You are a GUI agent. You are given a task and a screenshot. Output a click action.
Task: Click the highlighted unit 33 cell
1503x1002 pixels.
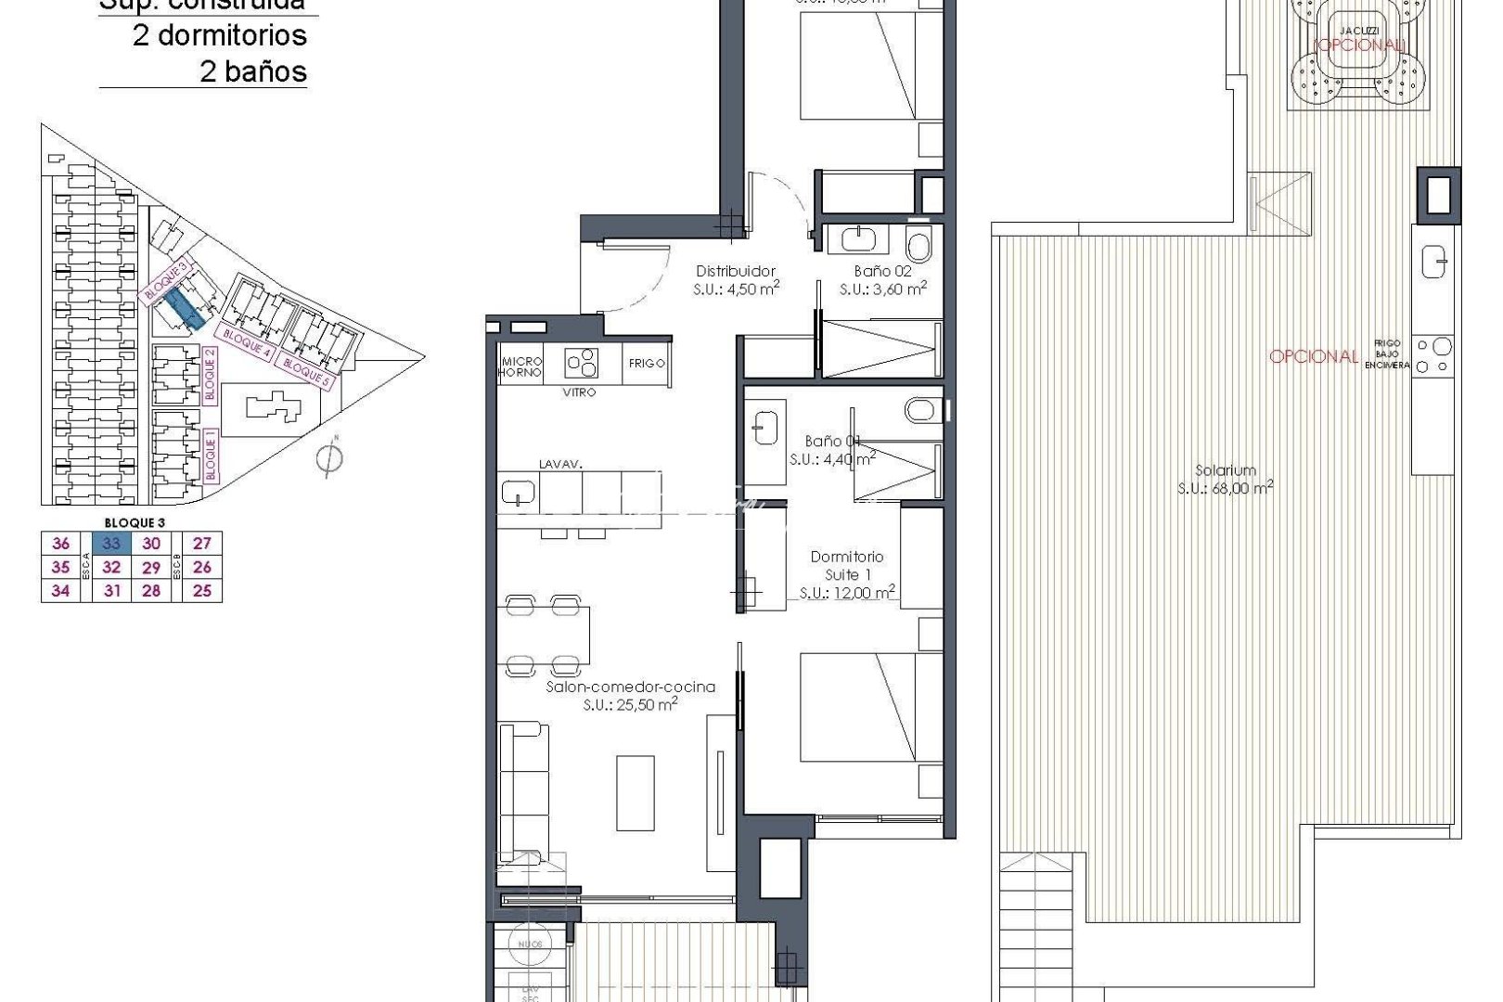tap(111, 544)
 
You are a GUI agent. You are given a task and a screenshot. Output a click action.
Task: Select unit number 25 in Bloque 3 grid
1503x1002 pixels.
tap(202, 590)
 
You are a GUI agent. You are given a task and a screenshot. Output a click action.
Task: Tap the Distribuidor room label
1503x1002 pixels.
tap(736, 271)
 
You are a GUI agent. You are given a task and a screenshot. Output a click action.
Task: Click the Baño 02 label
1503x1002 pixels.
tap(882, 271)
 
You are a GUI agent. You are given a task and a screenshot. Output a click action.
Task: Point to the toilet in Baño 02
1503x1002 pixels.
tap(918, 246)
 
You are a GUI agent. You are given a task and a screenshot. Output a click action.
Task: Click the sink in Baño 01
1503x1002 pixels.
tap(764, 427)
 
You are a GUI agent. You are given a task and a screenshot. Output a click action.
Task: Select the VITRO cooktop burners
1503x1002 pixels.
tap(583, 362)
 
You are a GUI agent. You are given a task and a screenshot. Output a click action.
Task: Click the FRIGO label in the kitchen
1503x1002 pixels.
tap(647, 363)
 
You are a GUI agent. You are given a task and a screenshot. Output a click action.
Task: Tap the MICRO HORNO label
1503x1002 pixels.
tap(520, 366)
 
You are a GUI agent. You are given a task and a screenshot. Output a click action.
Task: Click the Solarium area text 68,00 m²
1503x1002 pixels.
tap(1225, 488)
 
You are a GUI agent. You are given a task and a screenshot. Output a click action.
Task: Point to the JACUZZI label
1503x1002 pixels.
tap(1359, 30)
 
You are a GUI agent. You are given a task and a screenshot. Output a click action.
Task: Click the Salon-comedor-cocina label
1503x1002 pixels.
tap(630, 687)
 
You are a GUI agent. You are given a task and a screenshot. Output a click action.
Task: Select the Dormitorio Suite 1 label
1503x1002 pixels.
tap(846, 565)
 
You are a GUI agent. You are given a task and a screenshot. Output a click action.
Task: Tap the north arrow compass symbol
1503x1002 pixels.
tap(328, 457)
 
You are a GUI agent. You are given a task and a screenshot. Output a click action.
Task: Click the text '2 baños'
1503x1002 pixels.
tap(252, 71)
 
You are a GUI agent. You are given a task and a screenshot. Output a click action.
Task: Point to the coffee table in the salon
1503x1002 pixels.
tap(636, 792)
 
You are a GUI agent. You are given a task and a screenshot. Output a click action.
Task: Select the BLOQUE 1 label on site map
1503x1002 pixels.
tap(211, 458)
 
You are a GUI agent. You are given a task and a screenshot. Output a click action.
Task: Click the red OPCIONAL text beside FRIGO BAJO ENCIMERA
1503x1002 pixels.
tap(1313, 356)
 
